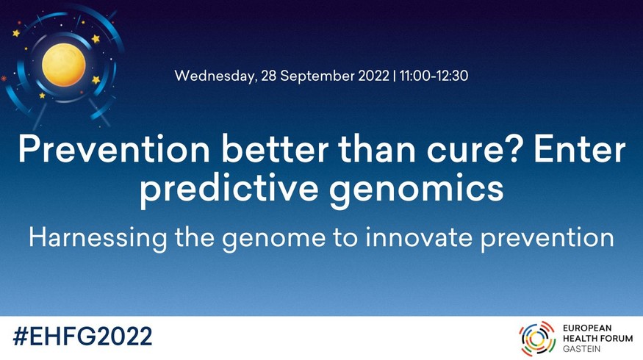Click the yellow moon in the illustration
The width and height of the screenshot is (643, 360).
click(x=63, y=65)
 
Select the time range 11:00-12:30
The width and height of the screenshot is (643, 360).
click(x=434, y=76)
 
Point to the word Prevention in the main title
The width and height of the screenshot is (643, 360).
click(x=114, y=150)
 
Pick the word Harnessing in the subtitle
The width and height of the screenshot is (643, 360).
click(x=98, y=238)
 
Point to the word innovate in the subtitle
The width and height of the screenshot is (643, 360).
click(x=419, y=237)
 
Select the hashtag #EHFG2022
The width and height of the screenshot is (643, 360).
click(x=82, y=336)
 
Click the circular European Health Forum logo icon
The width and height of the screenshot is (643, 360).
click(x=537, y=338)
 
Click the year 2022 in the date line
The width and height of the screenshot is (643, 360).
click(x=373, y=76)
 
